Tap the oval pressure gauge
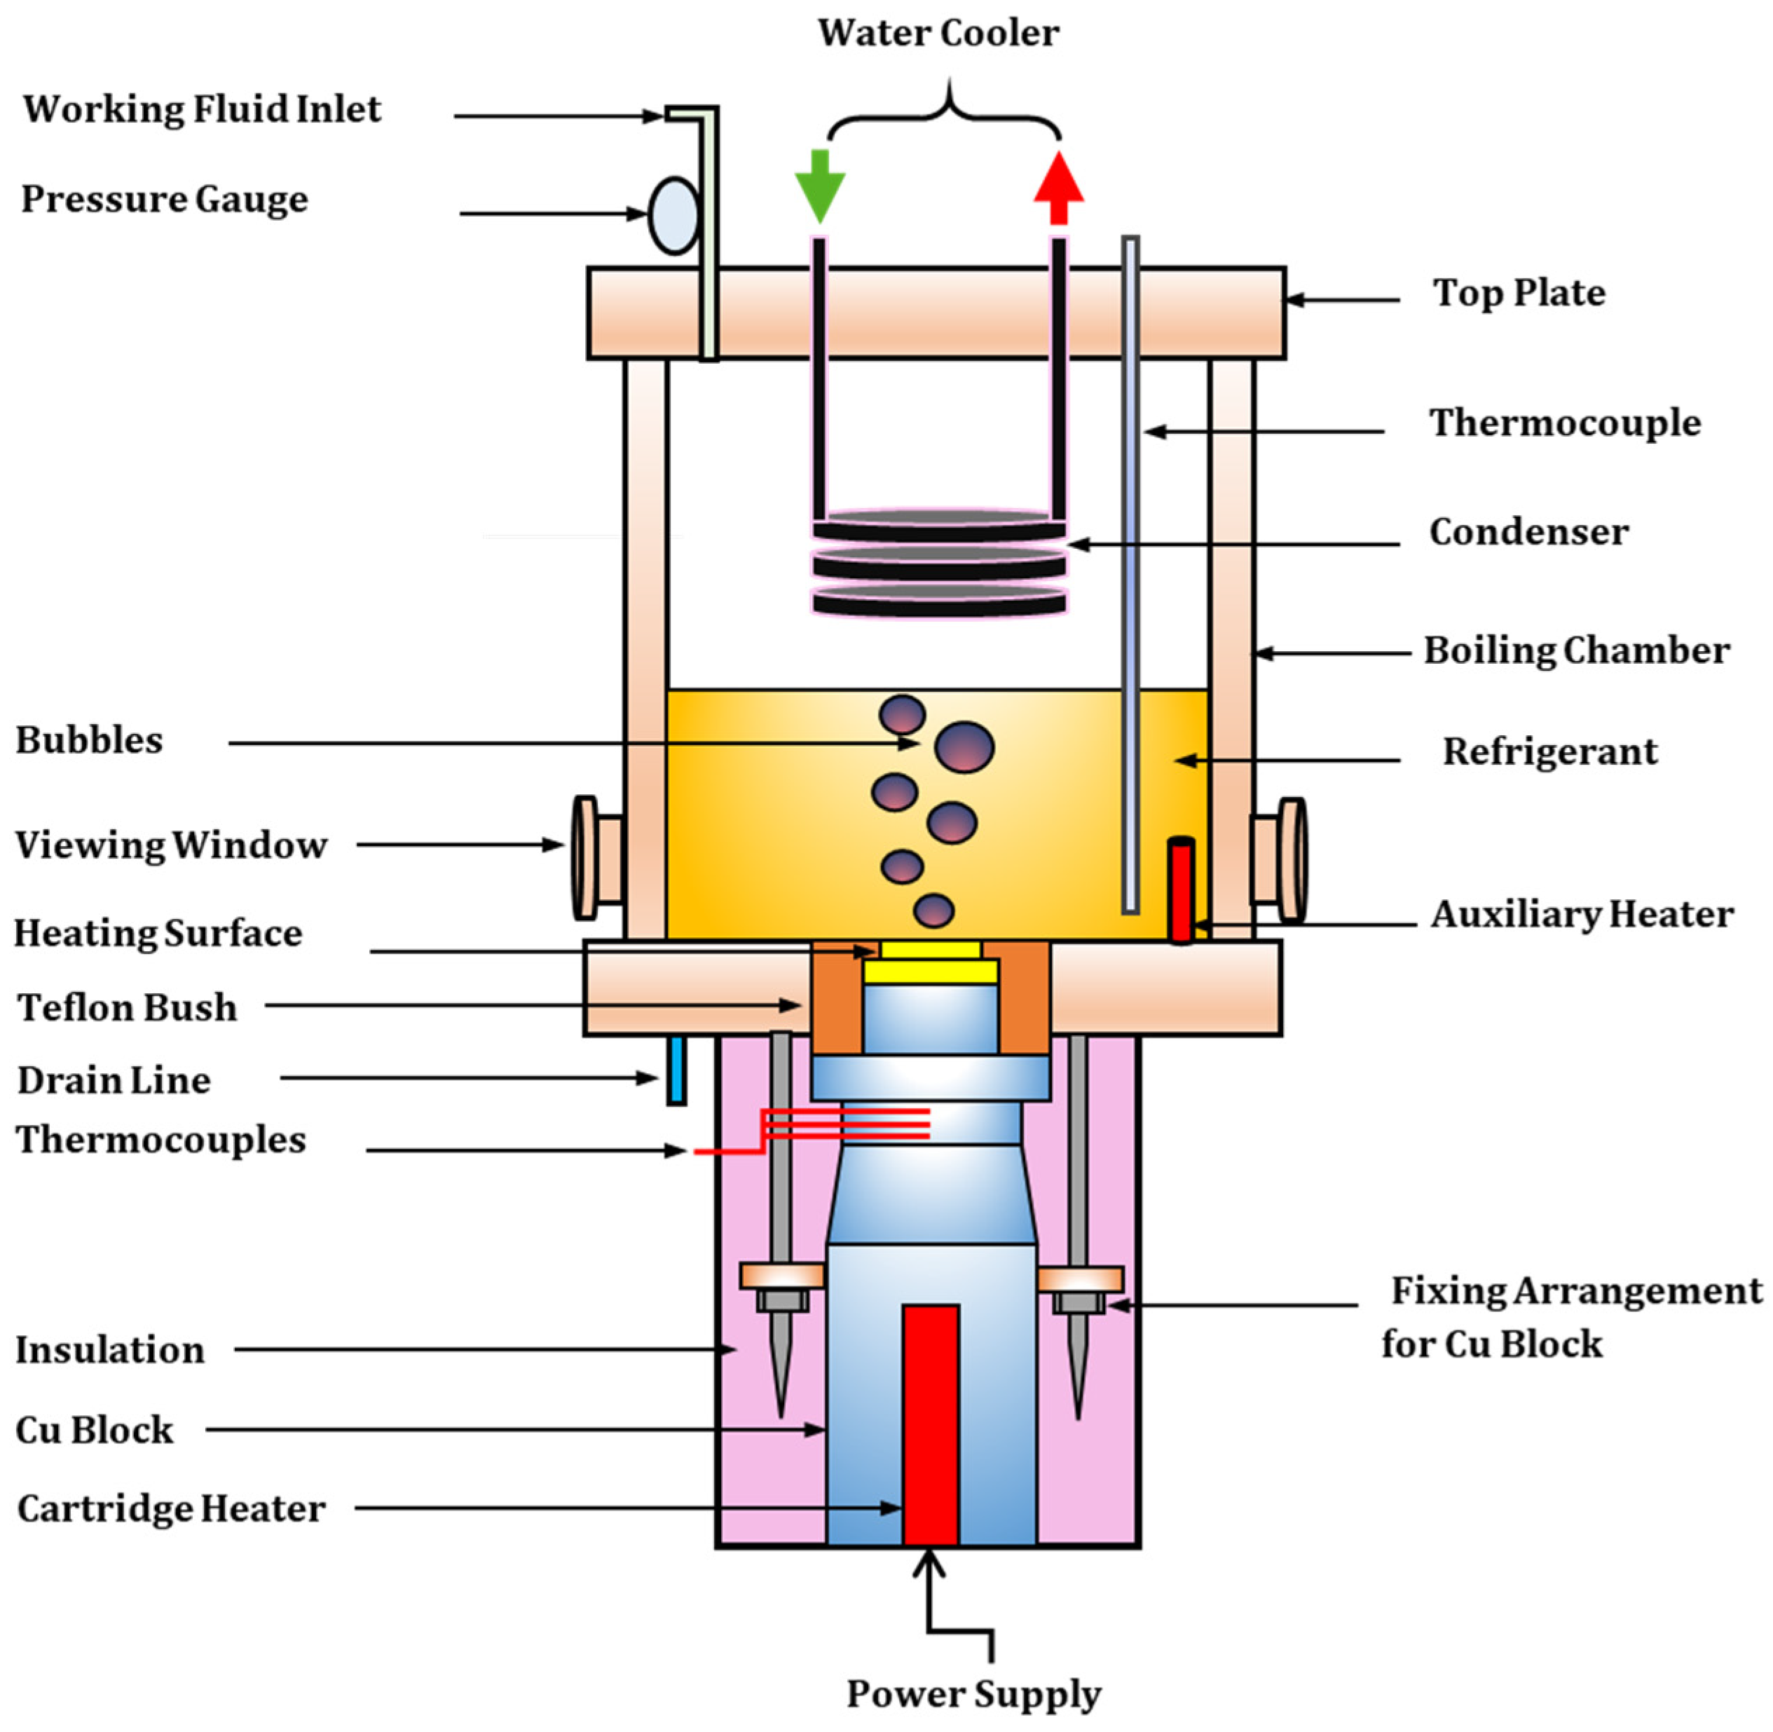(x=673, y=216)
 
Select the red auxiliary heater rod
(x=1180, y=889)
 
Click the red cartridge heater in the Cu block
(x=930, y=1424)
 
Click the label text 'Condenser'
(x=1528, y=532)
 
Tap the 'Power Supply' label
(x=973, y=1693)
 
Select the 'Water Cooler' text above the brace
(x=937, y=34)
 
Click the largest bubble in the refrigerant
(x=964, y=746)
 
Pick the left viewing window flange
(x=585, y=858)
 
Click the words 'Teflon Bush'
(x=128, y=1008)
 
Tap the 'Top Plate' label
(x=1519, y=293)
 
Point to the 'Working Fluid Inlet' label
(x=202, y=109)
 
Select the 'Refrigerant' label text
(x=1549, y=751)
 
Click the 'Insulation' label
(x=110, y=1350)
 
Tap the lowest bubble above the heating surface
(x=933, y=911)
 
